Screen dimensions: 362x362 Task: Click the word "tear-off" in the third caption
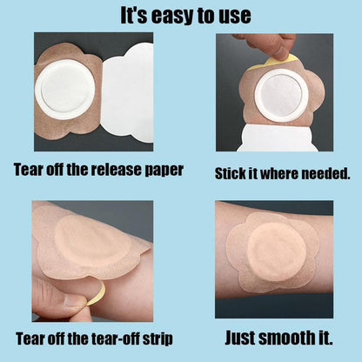pos(117,339)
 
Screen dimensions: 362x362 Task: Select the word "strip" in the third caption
pos(158,339)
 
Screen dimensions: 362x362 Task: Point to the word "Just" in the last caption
pos(239,338)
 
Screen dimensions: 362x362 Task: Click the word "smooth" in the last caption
pos(285,338)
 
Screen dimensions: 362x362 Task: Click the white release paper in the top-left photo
pos(127,94)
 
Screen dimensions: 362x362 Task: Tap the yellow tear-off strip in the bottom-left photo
pos(97,293)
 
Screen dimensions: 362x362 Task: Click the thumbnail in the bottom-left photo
pos(74,302)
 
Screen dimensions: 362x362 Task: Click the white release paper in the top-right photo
pos(278,137)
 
